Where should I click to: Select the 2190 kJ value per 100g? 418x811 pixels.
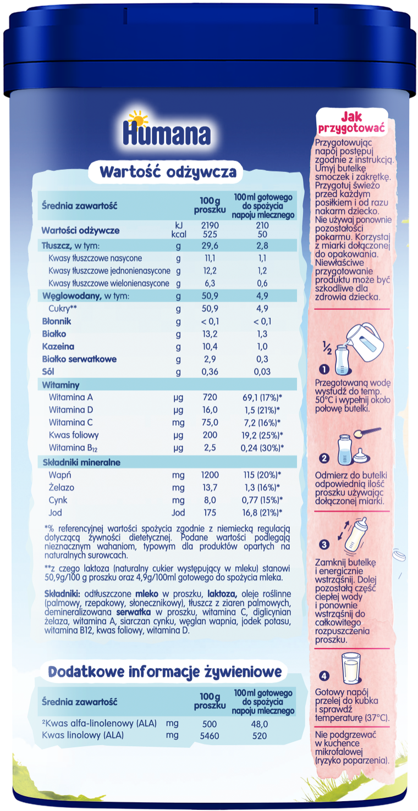click(x=210, y=226)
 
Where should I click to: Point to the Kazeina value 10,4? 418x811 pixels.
click(x=210, y=347)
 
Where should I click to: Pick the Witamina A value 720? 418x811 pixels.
click(x=210, y=397)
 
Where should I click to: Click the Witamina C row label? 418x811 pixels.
click(x=70, y=423)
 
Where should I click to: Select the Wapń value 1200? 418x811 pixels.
click(x=210, y=475)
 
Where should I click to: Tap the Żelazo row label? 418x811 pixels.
click(x=61, y=487)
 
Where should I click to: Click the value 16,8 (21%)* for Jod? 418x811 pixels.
click(x=263, y=513)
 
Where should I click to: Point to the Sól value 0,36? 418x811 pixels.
click(x=210, y=372)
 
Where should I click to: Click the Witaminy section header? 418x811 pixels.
click(x=61, y=385)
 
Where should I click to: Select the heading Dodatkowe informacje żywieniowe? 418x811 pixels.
click(x=165, y=671)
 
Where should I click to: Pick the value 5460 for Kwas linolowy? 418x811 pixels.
click(x=210, y=735)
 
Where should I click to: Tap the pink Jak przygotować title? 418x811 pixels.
click(x=351, y=121)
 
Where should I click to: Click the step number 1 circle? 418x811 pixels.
click(x=324, y=369)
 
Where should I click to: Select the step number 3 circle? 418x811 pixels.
click(x=324, y=545)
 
